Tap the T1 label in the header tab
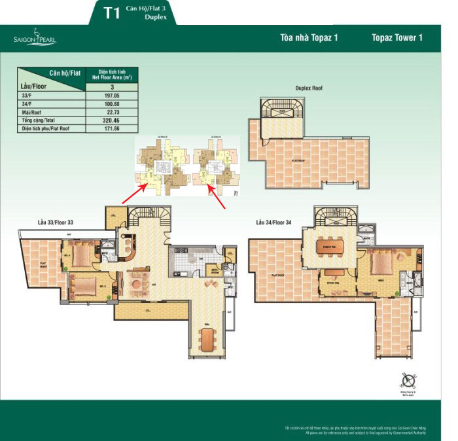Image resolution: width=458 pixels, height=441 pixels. pyautogui.click(x=112, y=12)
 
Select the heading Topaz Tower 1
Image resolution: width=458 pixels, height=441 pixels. pyautogui.click(x=396, y=37)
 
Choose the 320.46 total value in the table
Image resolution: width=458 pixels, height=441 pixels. pyautogui.click(x=112, y=121)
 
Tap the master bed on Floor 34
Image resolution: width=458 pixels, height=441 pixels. pyautogui.click(x=383, y=264)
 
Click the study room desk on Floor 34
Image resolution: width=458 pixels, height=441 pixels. pyautogui.click(x=334, y=273)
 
